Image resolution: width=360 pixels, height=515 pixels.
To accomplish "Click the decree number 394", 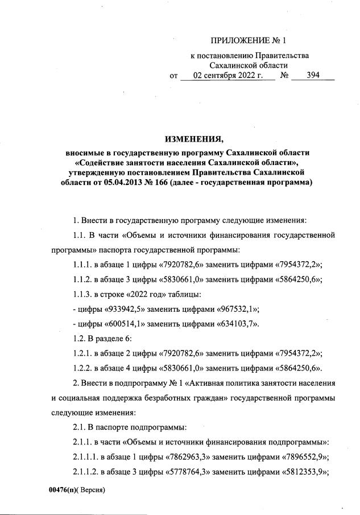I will (313, 75).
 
